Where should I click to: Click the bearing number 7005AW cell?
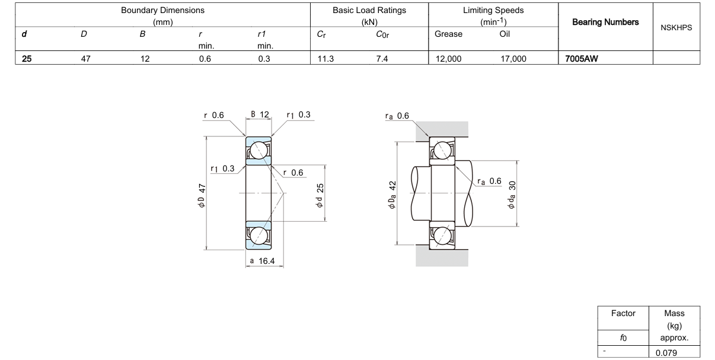point(581,59)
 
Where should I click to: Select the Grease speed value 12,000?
point(448,59)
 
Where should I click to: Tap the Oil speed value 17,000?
point(513,59)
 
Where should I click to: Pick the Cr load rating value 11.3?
point(325,59)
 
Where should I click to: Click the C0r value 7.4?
point(382,59)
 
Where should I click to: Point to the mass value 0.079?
point(666,353)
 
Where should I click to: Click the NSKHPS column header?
point(676,28)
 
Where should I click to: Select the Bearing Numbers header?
point(605,22)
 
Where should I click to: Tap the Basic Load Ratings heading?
point(369,10)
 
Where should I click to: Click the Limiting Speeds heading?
point(493,10)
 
